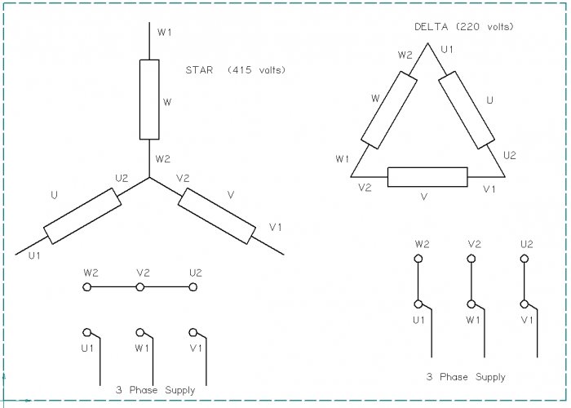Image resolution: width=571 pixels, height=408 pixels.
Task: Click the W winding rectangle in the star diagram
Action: [149, 100]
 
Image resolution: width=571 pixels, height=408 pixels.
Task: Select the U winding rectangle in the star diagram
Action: [82, 215]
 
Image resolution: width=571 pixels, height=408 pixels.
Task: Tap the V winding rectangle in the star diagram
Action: [216, 215]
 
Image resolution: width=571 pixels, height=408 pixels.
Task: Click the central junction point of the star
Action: [149, 177]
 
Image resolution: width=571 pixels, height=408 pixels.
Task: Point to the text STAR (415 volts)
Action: [236, 70]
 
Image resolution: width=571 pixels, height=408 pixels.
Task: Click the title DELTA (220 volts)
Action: [464, 26]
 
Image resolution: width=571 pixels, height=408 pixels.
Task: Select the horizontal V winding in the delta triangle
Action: [427, 176]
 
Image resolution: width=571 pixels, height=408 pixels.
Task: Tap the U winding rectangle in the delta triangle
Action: [466, 110]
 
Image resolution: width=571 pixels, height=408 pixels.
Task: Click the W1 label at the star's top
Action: [165, 32]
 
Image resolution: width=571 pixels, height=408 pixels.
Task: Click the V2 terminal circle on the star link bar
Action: [140, 287]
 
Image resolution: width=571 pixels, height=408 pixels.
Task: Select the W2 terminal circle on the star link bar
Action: [86, 287]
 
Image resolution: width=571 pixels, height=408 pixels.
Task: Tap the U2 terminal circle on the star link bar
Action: [193, 287]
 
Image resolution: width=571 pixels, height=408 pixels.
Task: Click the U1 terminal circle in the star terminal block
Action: [86, 332]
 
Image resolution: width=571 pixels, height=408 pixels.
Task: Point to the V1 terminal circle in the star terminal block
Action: [193, 332]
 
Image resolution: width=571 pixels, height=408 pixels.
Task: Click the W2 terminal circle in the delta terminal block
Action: [418, 259]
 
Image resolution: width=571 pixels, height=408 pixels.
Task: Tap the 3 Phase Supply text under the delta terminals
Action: [465, 377]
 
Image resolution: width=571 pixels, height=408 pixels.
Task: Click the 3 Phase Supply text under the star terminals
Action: [155, 390]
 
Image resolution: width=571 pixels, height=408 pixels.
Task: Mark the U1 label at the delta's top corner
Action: [447, 50]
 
